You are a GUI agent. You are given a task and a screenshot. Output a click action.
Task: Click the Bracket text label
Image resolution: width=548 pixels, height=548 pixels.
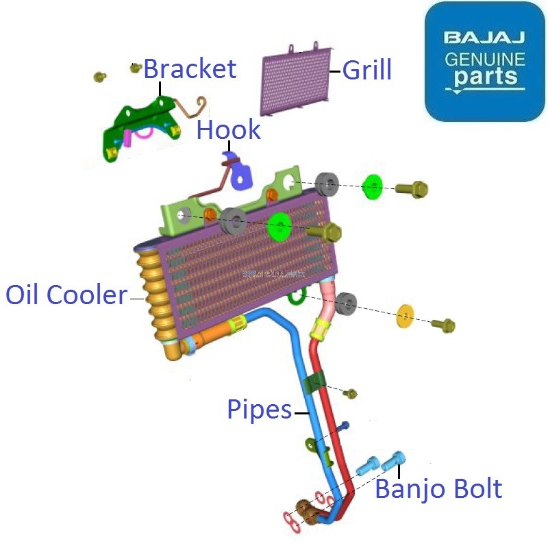(190, 69)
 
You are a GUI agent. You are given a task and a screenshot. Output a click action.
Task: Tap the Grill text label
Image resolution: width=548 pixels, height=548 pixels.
(367, 70)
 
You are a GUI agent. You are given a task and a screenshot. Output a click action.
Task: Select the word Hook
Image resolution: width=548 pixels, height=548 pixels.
(229, 129)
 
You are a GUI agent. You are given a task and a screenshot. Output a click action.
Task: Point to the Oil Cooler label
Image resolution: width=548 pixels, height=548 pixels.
(66, 295)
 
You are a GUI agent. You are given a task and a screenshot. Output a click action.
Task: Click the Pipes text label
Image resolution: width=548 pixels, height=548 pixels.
(259, 410)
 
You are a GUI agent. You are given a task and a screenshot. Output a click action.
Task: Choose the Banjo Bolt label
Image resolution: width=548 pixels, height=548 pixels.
(438, 489)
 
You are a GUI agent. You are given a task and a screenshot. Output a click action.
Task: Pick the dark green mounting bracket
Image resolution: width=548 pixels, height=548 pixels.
(140, 127)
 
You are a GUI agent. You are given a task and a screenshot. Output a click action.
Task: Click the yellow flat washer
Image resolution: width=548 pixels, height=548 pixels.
(407, 316)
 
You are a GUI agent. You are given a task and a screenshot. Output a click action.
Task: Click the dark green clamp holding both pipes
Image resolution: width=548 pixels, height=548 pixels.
(316, 384)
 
